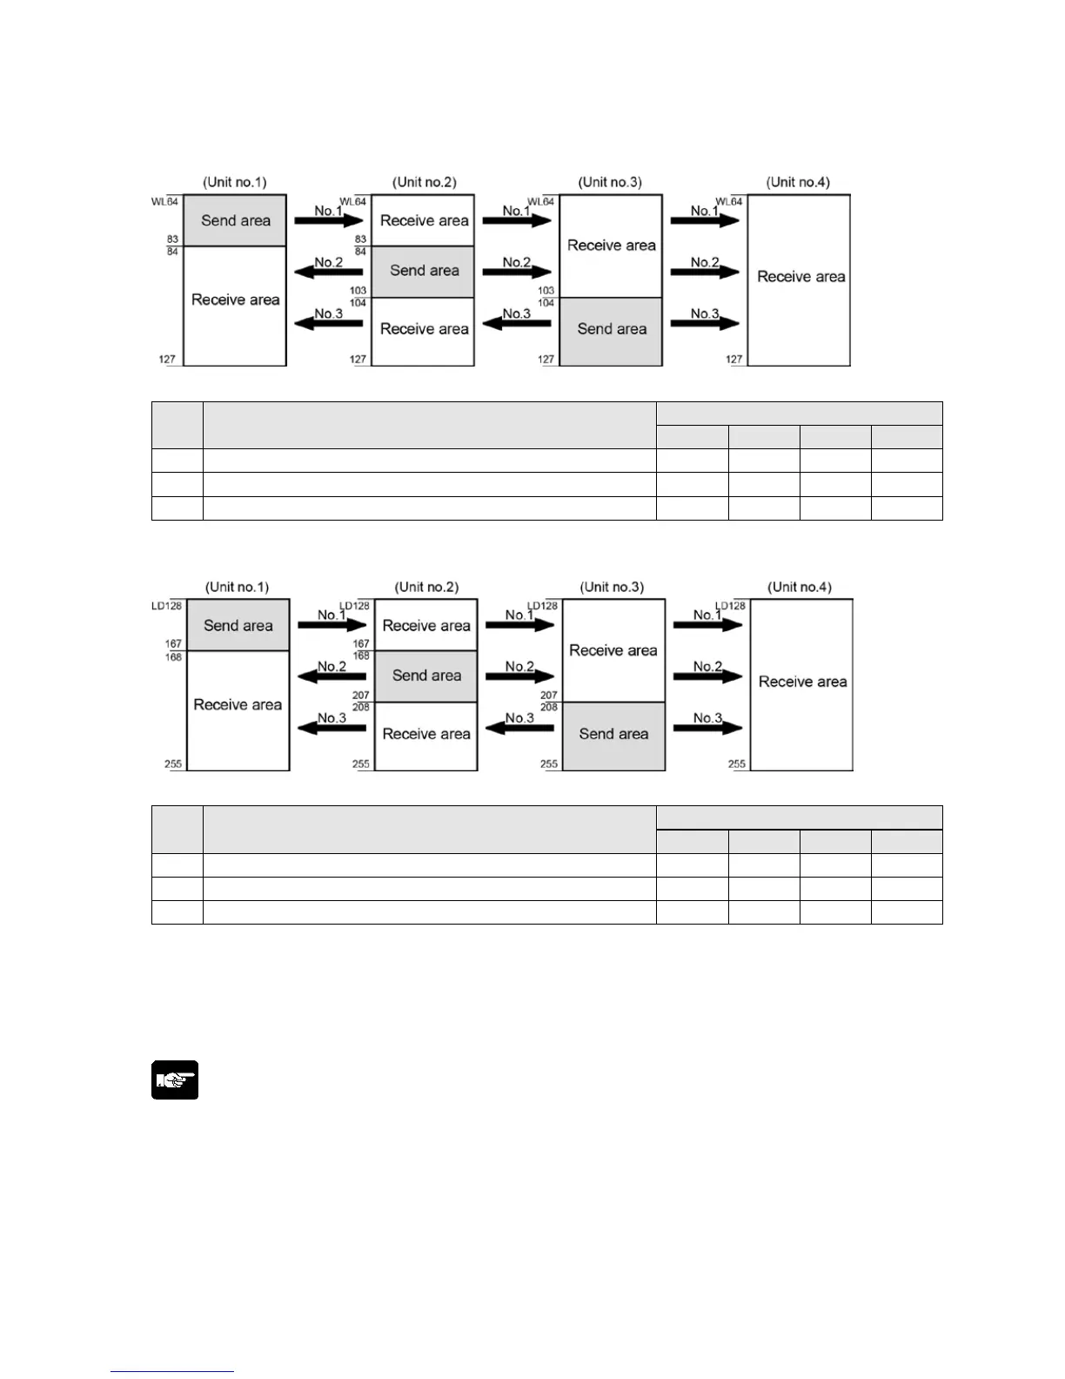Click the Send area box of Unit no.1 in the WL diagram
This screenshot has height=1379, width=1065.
235,220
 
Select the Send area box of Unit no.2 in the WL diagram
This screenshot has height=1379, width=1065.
423,271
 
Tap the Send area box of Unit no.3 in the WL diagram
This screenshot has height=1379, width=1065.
611,330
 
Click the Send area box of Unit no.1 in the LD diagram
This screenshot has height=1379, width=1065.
238,625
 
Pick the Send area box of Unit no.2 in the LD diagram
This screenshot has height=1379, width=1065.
426,676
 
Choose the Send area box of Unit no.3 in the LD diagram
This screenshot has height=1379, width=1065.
613,735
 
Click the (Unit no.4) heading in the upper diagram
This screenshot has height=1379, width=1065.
798,182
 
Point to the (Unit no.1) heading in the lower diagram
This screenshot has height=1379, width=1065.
237,587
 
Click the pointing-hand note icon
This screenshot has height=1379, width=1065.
175,1080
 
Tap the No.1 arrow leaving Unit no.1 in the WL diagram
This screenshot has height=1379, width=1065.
329,220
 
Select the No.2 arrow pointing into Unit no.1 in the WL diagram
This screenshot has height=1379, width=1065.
328,272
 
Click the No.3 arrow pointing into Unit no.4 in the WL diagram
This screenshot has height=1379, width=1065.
705,323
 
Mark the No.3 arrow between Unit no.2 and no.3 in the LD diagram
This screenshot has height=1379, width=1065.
519,728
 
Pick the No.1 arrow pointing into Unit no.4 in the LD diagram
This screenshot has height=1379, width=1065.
707,624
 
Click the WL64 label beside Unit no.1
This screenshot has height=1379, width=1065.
164,202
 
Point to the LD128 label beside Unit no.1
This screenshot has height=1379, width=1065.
167,606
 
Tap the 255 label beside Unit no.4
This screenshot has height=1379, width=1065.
737,764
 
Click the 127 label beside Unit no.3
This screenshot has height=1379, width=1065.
546,360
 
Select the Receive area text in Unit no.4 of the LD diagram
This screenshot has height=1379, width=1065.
802,682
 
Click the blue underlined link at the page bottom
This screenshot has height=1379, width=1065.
172,1371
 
